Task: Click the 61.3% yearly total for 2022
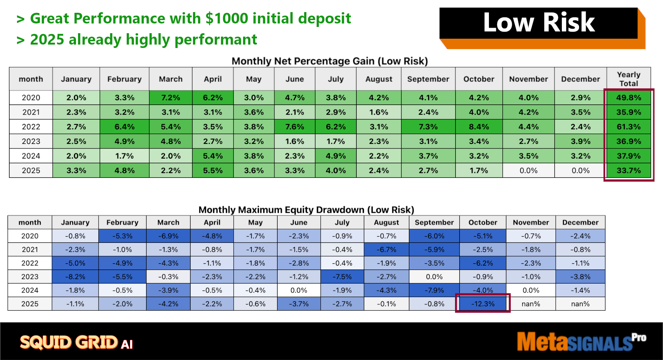click(628, 127)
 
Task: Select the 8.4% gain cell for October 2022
click(479, 127)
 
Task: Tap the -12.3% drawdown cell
click(483, 304)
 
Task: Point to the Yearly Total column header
click(628, 79)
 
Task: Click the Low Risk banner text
click(539, 22)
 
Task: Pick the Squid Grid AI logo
click(76, 342)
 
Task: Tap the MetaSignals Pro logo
click(582, 341)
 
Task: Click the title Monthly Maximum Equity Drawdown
click(306, 210)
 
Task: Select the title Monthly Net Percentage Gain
click(330, 61)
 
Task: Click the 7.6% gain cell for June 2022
click(295, 127)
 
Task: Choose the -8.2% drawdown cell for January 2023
click(75, 277)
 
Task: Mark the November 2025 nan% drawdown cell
click(531, 304)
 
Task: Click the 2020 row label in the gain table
click(31, 98)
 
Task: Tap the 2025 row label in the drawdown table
click(30, 304)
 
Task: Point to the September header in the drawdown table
click(434, 222)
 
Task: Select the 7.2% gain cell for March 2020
click(171, 98)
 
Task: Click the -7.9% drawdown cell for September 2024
click(434, 290)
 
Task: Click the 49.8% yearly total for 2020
click(628, 98)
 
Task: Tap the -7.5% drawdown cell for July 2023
click(342, 277)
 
